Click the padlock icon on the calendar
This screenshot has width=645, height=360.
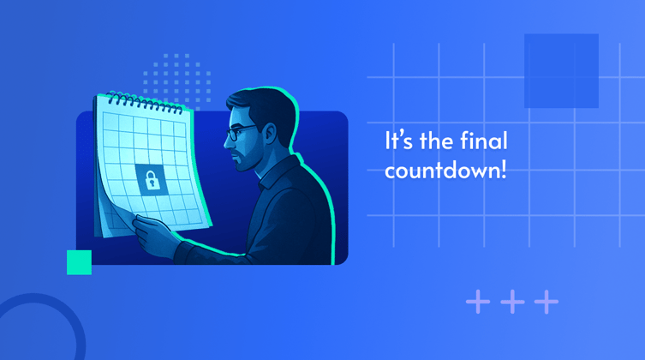pos(151,179)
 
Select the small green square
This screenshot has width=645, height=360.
pos(79,262)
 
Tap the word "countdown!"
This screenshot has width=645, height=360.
pos(445,169)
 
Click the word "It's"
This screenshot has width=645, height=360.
pos(400,141)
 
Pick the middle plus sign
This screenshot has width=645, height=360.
pos(511,302)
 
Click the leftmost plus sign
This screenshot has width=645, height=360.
pos(478,302)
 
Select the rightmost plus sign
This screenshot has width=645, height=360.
pos(546,302)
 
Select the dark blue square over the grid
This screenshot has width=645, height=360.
pos(561,70)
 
